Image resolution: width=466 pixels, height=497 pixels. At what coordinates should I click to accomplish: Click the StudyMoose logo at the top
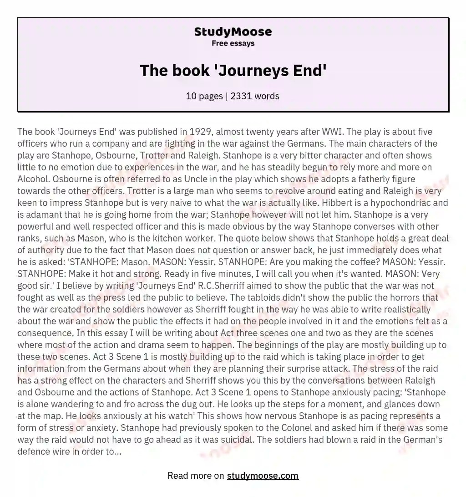click(x=233, y=32)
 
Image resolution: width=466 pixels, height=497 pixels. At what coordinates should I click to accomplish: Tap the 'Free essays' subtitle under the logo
click(x=233, y=44)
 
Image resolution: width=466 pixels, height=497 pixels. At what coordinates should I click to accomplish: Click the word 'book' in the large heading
click(x=190, y=71)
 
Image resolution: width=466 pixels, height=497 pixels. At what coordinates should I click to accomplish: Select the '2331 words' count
click(x=256, y=96)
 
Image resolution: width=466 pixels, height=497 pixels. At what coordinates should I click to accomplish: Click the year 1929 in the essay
click(x=198, y=132)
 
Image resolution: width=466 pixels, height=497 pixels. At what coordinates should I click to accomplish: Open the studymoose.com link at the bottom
click(x=263, y=476)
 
